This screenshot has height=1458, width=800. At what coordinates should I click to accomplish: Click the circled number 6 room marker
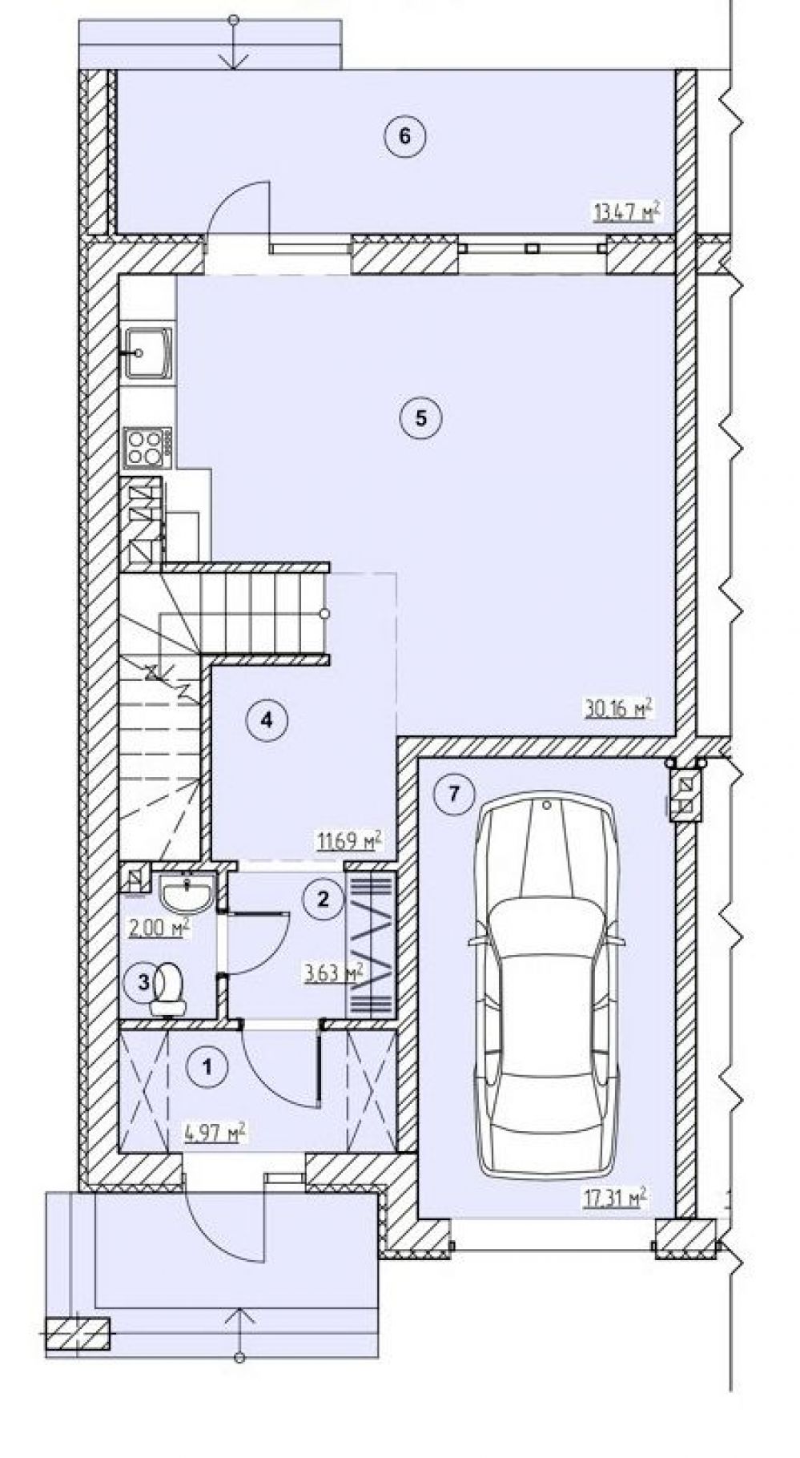pos(404,136)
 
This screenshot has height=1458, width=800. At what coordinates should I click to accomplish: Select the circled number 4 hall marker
pos(267,719)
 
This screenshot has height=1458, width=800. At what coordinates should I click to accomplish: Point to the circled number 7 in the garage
pos(453,794)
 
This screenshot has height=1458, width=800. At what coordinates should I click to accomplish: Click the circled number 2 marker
pos(323,898)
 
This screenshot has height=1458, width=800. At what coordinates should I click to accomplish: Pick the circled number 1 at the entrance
pos(208,1066)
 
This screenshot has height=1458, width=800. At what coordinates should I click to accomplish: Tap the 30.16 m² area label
pos(618,708)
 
